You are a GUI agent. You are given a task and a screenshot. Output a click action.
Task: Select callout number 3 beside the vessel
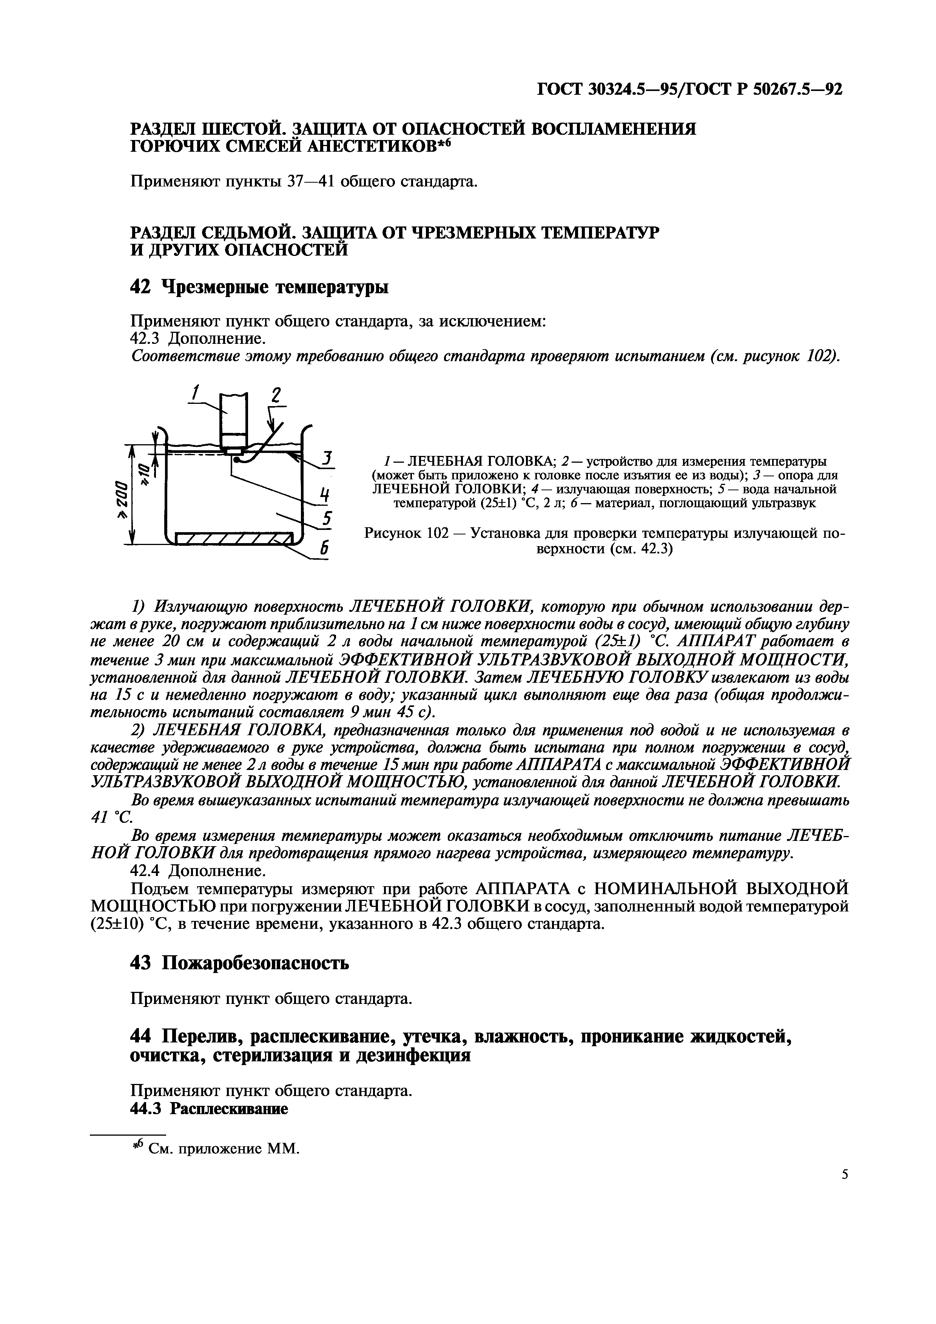click(328, 459)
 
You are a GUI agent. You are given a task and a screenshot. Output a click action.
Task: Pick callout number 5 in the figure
click(327, 519)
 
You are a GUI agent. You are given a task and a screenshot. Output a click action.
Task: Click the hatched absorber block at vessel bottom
click(234, 540)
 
